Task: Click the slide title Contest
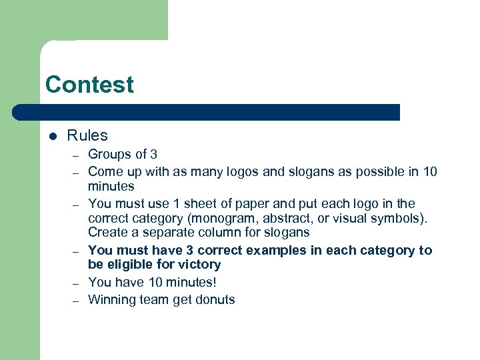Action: click(89, 85)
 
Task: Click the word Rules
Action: click(87, 135)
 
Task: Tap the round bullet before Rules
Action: click(53, 136)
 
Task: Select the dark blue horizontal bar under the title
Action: click(207, 112)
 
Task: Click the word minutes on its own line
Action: click(111, 187)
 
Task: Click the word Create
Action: click(108, 233)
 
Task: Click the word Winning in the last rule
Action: click(111, 299)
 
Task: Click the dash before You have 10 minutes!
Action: click(77, 283)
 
